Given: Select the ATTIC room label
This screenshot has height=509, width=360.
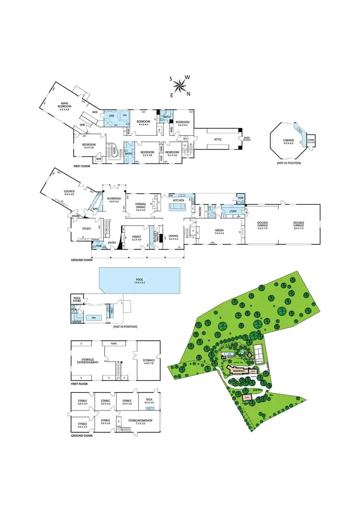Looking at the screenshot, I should (x=218, y=140).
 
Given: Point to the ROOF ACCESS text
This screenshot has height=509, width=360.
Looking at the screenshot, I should (x=247, y=139).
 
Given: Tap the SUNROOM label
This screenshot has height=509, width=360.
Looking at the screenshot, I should (x=113, y=199).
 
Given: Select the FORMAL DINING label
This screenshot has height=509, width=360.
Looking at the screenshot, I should (x=140, y=205).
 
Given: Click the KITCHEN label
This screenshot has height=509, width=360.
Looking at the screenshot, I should (x=179, y=200).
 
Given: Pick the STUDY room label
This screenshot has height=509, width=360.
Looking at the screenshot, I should (x=86, y=228).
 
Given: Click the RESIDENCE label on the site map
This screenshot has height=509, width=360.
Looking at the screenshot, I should (x=239, y=371).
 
